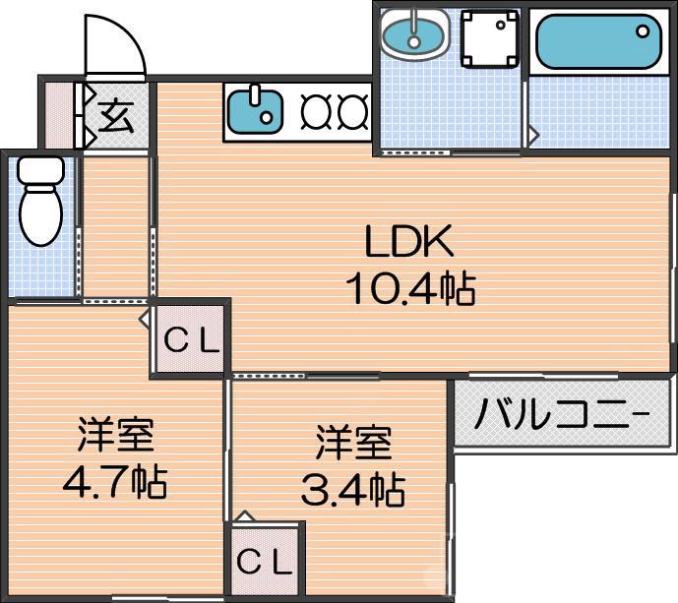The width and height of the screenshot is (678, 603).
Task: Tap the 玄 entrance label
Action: [115, 117]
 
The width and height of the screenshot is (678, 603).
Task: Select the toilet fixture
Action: [40, 201]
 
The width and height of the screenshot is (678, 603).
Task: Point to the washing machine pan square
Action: [488, 38]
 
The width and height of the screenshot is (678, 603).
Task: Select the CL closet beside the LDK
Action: [191, 341]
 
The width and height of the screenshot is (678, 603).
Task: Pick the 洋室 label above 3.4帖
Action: [353, 442]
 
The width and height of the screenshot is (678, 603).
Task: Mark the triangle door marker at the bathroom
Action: [532, 131]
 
